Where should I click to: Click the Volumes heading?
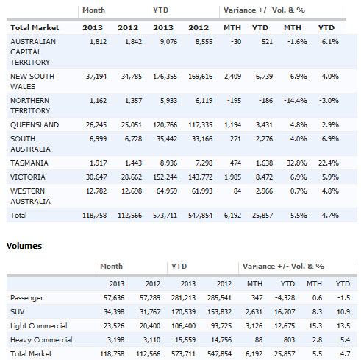[x=24, y=246]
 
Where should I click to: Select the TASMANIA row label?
[x=29, y=163]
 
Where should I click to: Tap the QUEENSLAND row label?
[x=35, y=125]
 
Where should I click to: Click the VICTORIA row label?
[x=28, y=177]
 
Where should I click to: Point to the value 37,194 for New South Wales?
[x=96, y=77]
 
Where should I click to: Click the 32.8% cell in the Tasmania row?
[x=297, y=163]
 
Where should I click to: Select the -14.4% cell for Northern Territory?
[x=296, y=101]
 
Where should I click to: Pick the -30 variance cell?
[x=236, y=42]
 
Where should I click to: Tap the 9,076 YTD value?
[x=168, y=42]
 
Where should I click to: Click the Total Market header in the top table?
[x=35, y=27]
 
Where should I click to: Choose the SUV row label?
[x=18, y=312]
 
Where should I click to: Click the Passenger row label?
[x=26, y=298]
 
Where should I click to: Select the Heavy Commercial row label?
[x=41, y=340]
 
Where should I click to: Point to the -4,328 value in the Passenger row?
[x=285, y=298]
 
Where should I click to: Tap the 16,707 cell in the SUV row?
[x=285, y=312]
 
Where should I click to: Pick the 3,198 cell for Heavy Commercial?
[x=115, y=340]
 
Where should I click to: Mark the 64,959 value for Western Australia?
[x=167, y=191]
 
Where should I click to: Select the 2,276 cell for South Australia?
[x=264, y=139]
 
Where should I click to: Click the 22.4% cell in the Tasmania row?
[x=329, y=163]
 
